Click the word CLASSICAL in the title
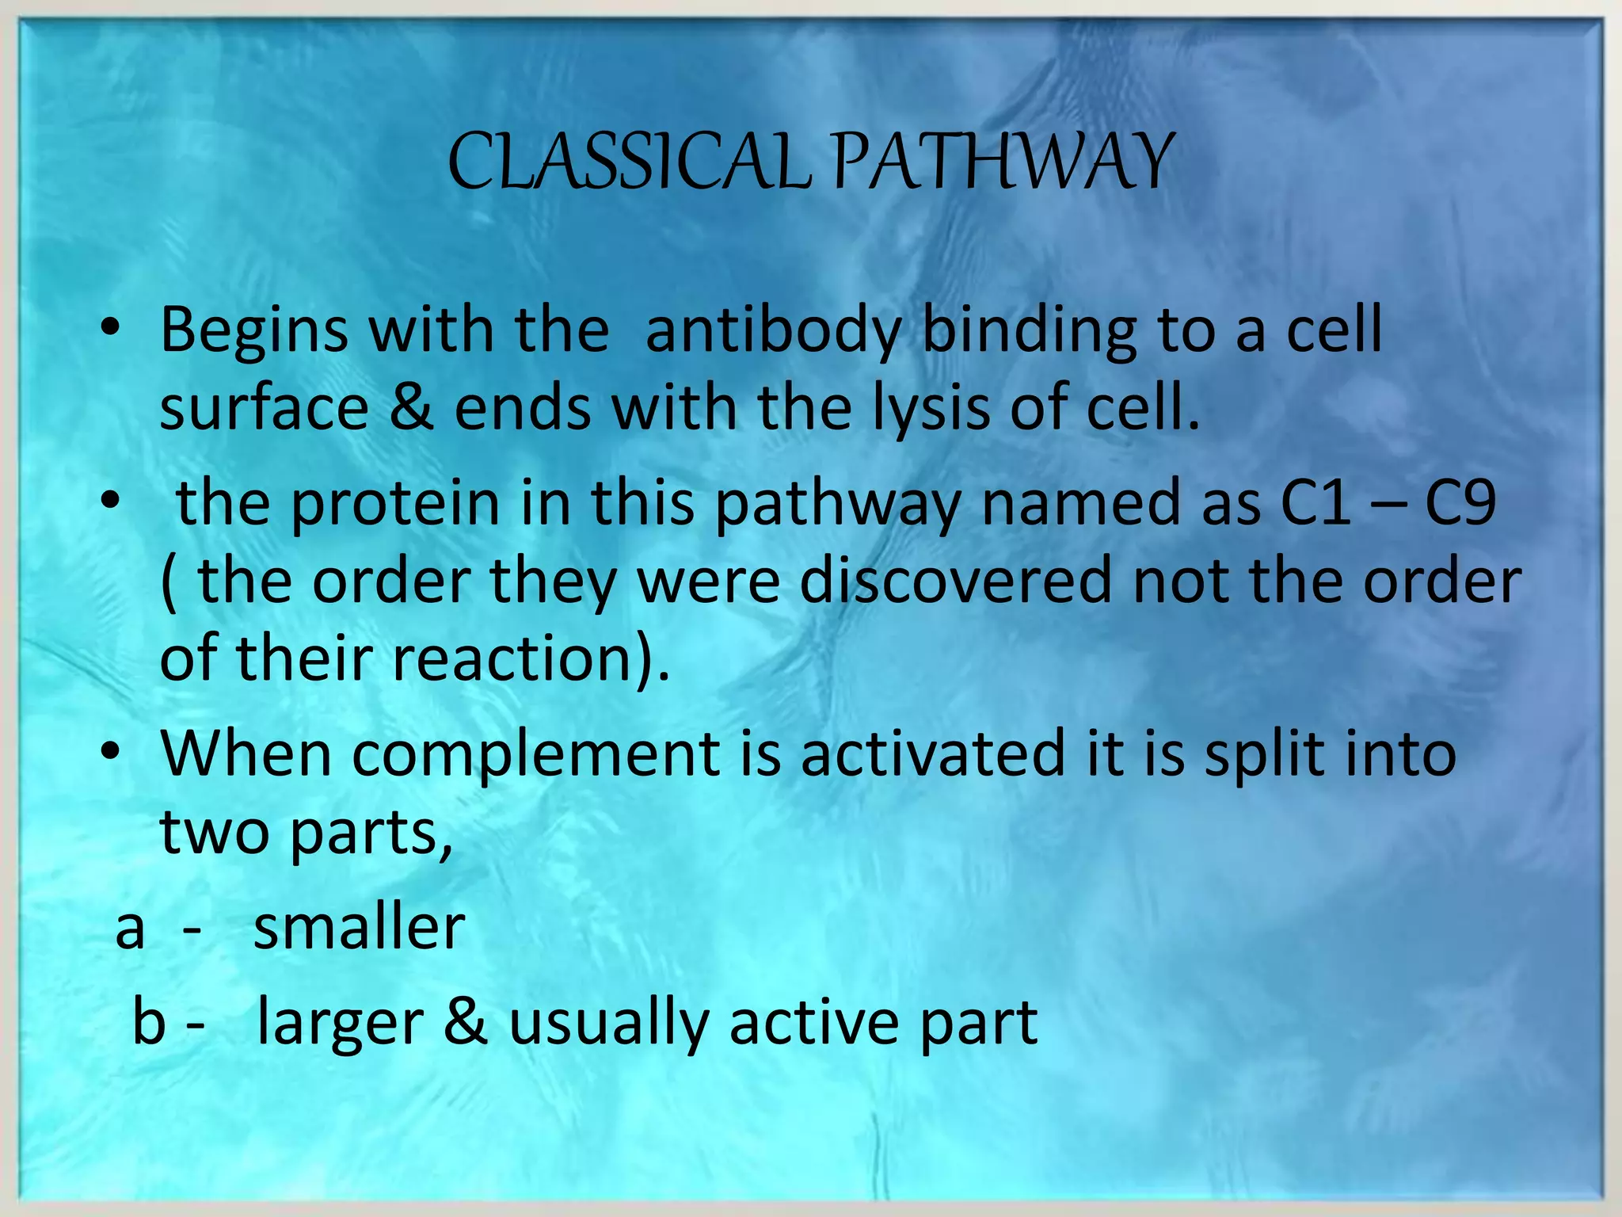[630, 162]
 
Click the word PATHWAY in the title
[1003, 162]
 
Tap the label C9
[1460, 502]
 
